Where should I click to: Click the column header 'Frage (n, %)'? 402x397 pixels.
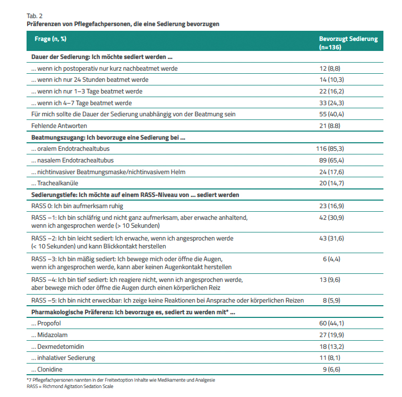tap(50, 39)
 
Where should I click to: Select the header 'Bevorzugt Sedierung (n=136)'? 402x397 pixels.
tap(348, 43)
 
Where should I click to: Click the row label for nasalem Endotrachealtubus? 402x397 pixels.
tap(72, 160)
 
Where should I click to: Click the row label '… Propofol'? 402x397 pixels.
tap(46, 323)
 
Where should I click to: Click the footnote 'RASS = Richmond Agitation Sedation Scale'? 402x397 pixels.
tap(70, 386)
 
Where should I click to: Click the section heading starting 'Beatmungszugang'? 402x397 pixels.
tap(108, 137)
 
